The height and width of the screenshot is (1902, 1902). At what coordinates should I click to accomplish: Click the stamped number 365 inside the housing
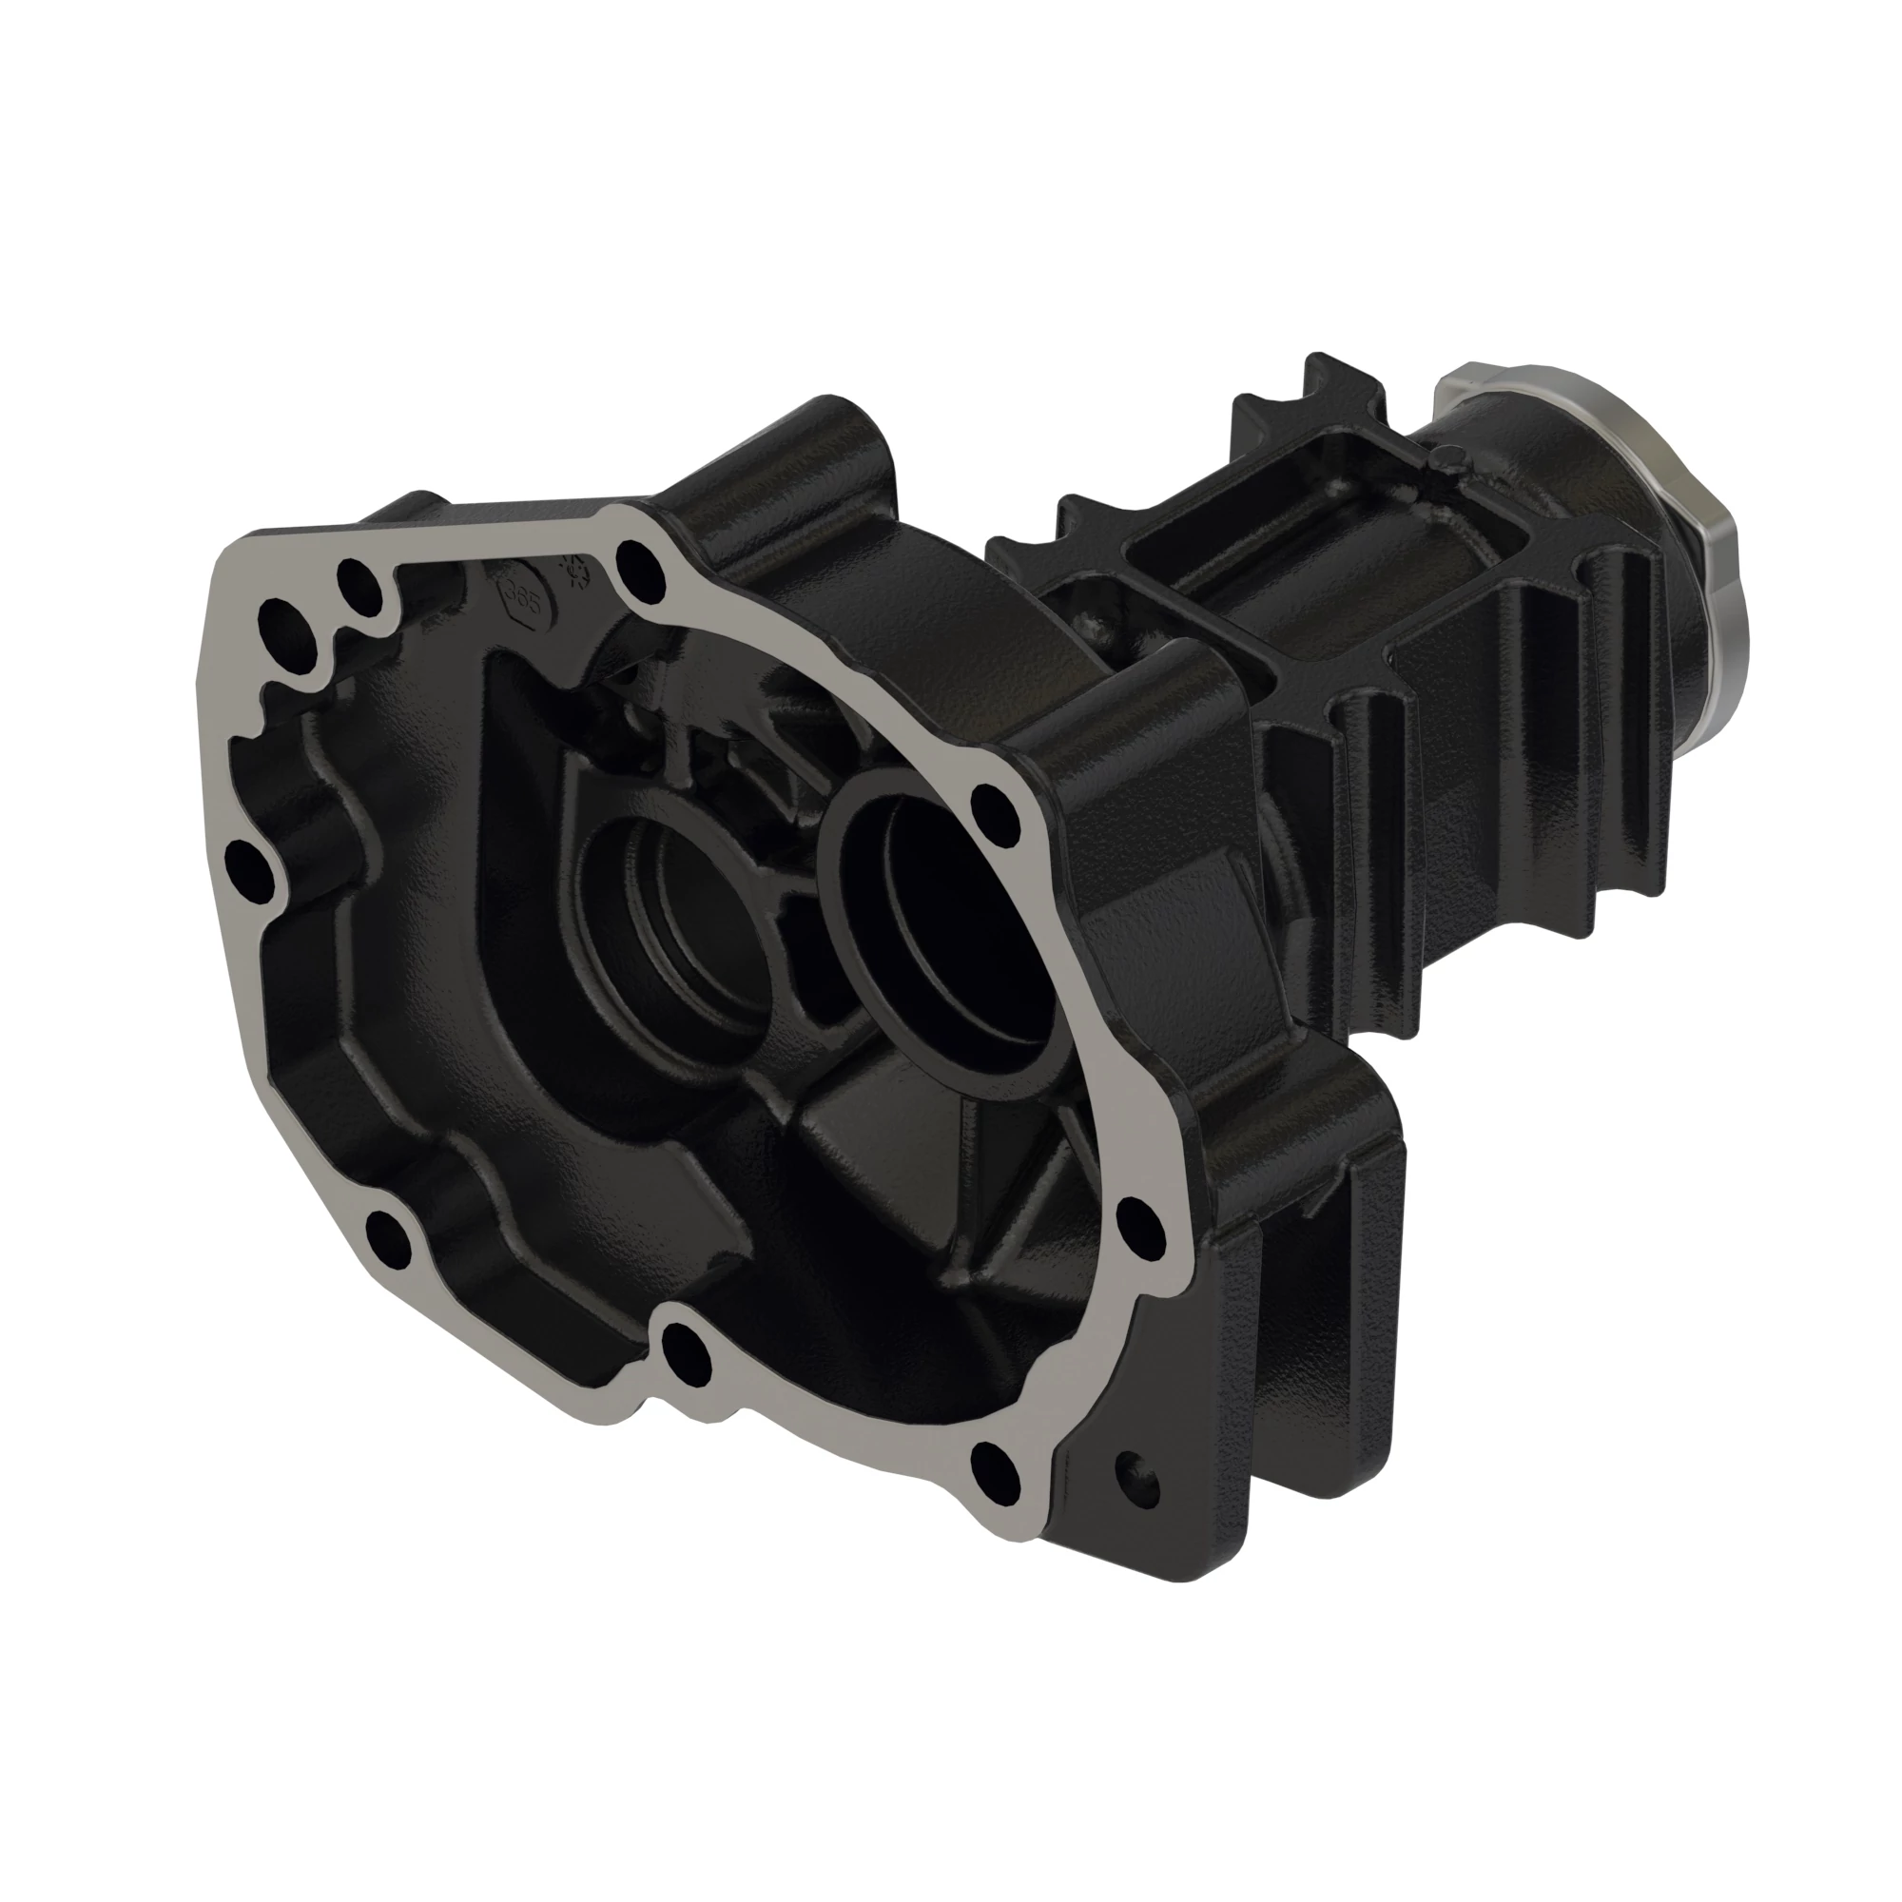[521, 597]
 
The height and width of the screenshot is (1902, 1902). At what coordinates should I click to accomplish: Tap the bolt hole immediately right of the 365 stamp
[639, 564]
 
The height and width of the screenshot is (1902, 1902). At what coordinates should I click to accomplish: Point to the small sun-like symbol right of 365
[576, 569]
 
